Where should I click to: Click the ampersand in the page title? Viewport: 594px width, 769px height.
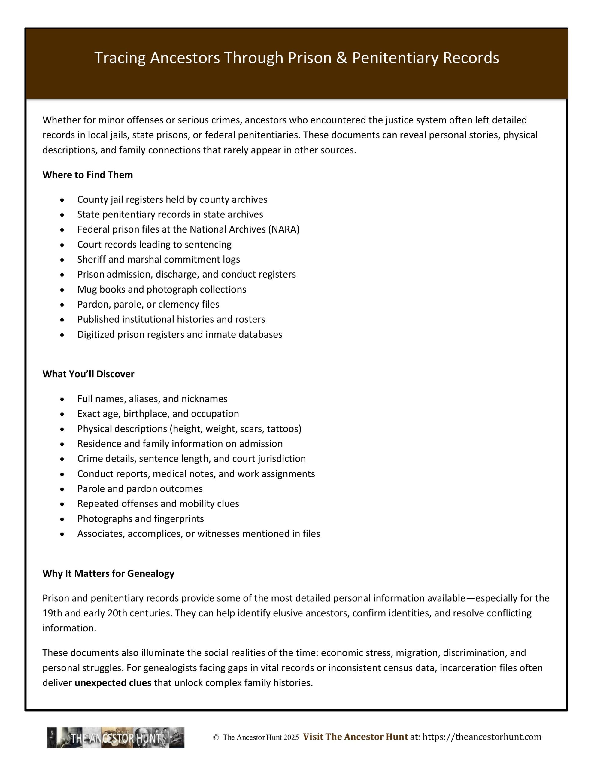tap(341, 58)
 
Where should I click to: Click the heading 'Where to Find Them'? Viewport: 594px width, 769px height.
tap(88, 175)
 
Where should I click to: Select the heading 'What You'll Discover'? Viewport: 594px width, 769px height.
tap(88, 374)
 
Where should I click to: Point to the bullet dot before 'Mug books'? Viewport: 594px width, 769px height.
tap(62, 290)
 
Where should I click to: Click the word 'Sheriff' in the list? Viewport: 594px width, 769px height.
tap(92, 260)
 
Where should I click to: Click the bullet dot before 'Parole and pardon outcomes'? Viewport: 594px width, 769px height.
tap(62, 489)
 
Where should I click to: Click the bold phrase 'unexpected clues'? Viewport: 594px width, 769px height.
tap(113, 683)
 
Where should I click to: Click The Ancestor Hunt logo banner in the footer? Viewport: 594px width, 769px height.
tap(116, 738)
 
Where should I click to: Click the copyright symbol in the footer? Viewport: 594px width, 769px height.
tap(216, 738)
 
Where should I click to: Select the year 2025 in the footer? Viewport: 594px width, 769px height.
tap(291, 738)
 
